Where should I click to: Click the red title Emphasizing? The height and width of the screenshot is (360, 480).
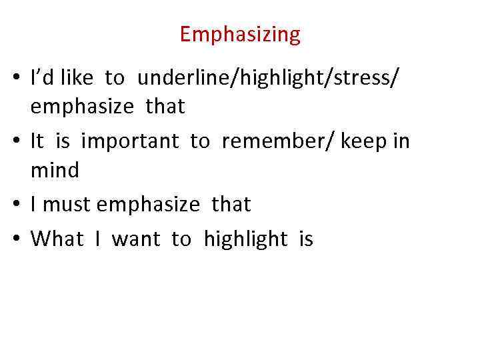pyautogui.click(x=240, y=34)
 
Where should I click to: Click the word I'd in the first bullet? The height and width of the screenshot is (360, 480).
pyautogui.click(x=43, y=79)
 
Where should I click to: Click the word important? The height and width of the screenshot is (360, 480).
pyautogui.click(x=130, y=141)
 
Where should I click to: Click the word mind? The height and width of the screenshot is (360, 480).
pyautogui.click(x=55, y=171)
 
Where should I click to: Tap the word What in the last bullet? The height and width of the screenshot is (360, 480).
pyautogui.click(x=57, y=239)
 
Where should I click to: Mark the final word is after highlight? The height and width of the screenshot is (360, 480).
pyautogui.click(x=306, y=239)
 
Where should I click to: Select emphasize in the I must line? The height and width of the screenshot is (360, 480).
pyautogui.click(x=148, y=205)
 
